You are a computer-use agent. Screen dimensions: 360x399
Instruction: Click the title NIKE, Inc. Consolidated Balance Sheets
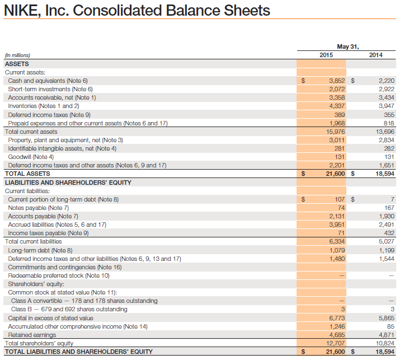point(137,11)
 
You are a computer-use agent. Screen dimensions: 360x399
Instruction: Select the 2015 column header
point(326,55)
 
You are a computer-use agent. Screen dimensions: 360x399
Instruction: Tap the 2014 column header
point(376,55)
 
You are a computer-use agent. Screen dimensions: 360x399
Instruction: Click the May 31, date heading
point(348,46)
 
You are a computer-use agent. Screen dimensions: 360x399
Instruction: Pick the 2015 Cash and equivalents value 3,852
point(336,81)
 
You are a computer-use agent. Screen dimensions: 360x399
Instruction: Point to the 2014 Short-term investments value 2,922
point(387,89)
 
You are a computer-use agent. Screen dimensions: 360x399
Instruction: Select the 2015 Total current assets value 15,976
point(335,132)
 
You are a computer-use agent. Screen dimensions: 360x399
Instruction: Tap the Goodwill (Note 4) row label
point(31,157)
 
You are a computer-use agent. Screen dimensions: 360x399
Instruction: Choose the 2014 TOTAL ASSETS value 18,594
point(384,174)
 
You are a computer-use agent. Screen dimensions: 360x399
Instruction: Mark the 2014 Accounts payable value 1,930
point(387,216)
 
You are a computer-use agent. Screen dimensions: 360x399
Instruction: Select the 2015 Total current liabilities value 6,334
point(336,241)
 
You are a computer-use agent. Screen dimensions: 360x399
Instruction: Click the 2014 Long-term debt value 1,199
point(387,250)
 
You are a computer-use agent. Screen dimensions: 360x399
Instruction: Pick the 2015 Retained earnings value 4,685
point(336,335)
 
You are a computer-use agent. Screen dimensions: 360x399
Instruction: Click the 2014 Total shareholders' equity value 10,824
point(385,343)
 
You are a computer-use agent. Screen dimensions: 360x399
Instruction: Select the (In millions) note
point(17,55)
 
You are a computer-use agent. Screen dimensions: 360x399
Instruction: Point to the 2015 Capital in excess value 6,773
point(336,318)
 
